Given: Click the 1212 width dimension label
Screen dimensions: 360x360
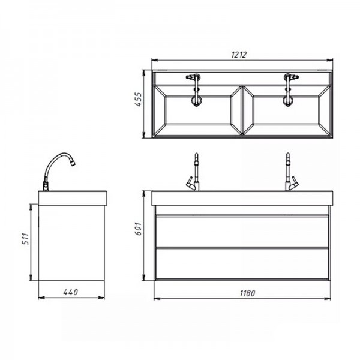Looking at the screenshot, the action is [239, 55].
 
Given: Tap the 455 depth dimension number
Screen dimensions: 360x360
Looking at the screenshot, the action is [138, 100].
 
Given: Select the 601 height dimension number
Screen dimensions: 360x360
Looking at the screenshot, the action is [139, 229].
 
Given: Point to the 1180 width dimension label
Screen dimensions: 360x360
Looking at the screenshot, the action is [247, 293].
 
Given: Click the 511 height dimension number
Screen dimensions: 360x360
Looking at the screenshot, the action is [25, 239].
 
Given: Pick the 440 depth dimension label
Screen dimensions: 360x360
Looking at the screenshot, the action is [70, 292].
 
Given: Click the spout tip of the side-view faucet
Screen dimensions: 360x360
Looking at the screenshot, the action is [73, 163].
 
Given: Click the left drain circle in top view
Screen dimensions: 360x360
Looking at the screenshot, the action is [196, 101].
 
